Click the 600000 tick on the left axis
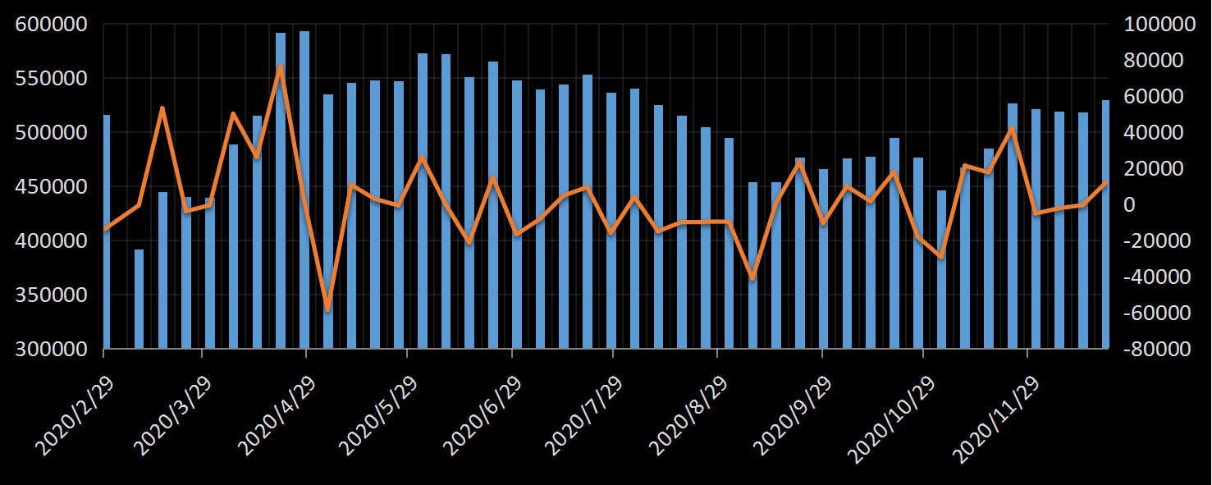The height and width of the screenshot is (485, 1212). click(52, 25)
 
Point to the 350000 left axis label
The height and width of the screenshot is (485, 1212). click(52, 295)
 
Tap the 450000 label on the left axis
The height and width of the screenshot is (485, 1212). click(52, 187)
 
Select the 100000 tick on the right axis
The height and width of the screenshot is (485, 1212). click(1159, 25)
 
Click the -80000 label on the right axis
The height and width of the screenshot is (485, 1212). click(1159, 350)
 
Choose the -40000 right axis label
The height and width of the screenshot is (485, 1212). click(1159, 277)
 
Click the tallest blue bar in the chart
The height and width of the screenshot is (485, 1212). click(304, 189)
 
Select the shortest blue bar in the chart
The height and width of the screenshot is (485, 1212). click(139, 299)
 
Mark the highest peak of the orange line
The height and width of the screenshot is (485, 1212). click(281, 66)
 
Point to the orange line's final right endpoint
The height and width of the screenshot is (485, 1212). click(1106, 182)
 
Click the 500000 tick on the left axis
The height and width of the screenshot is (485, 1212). click(52, 133)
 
